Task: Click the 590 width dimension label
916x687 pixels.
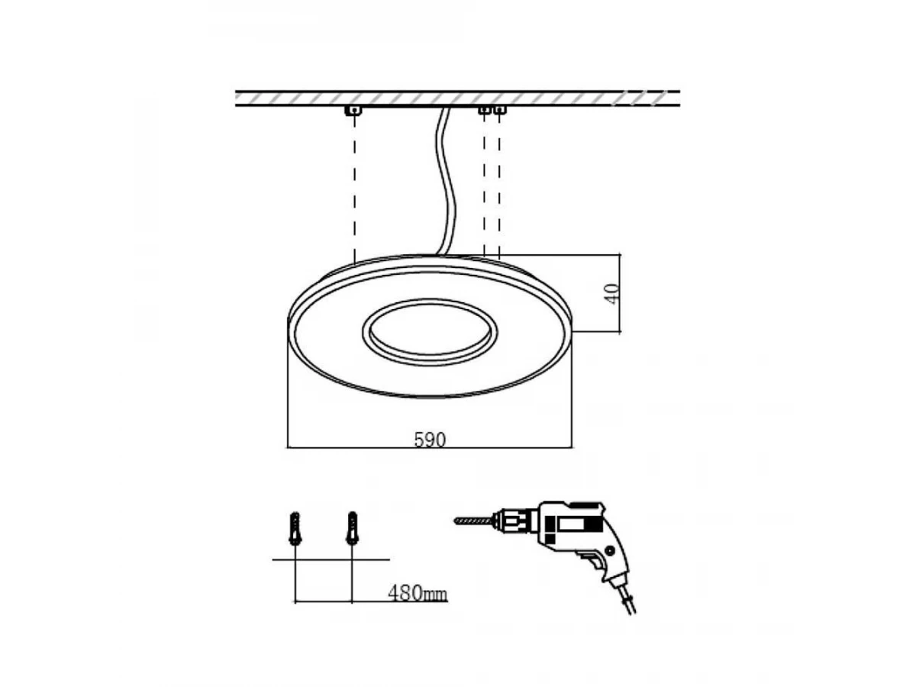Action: [430, 440]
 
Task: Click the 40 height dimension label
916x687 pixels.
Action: [612, 294]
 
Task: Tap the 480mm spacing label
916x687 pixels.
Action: [418, 593]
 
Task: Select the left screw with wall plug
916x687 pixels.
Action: [295, 528]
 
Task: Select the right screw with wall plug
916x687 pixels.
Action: [352, 528]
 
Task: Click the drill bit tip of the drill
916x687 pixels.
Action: [455, 521]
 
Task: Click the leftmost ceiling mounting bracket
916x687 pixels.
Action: [354, 110]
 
